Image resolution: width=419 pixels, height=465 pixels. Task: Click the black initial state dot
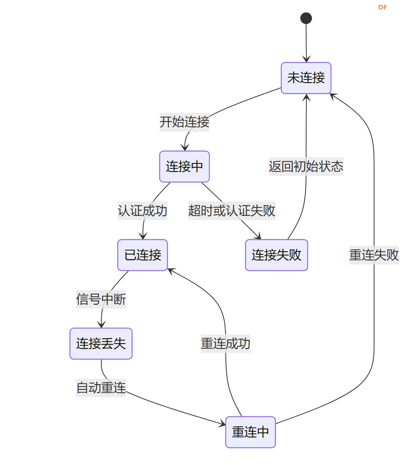point(306,18)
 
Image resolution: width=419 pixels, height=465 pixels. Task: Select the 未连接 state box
point(306,78)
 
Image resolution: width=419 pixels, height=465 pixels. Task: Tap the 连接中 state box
point(185,166)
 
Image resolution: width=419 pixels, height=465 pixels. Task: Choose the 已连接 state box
point(143,255)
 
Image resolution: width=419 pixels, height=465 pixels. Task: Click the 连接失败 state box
point(276,255)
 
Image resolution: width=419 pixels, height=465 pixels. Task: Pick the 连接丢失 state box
point(101,343)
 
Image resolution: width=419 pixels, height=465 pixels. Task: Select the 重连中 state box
point(251,432)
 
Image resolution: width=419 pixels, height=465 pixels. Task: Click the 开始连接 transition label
point(185,122)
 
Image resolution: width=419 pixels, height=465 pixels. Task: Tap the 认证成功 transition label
point(143,210)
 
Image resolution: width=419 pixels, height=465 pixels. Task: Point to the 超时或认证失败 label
point(232,210)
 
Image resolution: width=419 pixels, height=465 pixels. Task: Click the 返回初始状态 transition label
point(306,166)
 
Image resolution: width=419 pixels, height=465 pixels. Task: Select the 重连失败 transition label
point(374,255)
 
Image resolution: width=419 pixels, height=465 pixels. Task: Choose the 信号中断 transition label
point(101,299)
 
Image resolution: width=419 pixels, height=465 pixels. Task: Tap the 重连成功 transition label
point(225,343)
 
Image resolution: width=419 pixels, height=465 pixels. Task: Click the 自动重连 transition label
point(101,388)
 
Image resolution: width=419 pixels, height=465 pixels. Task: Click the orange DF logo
point(383,7)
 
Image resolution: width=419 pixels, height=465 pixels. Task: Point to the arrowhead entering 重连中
point(222,424)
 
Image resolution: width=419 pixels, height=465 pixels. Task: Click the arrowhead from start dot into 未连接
point(306,59)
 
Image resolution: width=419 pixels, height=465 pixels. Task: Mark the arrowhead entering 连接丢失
point(101,325)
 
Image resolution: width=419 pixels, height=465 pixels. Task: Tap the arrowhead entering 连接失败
point(257,236)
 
